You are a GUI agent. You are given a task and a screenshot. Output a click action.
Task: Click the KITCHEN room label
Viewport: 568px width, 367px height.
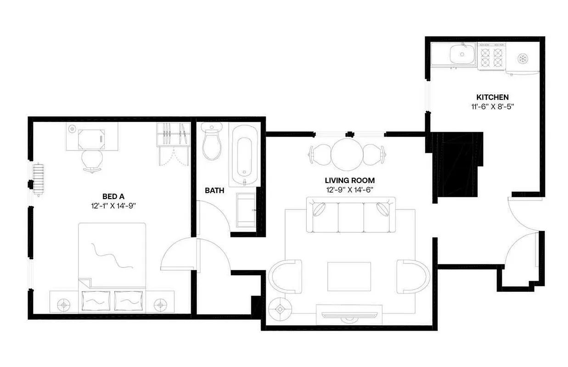(x=492, y=97)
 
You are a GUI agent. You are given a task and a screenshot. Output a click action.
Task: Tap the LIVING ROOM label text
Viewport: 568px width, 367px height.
(x=350, y=180)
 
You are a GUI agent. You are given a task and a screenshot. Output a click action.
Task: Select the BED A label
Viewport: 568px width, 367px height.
(x=113, y=196)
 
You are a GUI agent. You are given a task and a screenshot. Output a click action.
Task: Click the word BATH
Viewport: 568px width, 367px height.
(x=214, y=190)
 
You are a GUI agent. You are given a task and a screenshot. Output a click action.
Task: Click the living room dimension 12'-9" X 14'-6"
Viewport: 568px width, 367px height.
(x=350, y=189)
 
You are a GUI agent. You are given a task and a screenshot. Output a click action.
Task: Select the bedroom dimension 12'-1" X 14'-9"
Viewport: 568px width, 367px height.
(x=113, y=206)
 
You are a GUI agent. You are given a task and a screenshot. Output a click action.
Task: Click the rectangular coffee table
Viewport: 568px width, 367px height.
(x=349, y=276)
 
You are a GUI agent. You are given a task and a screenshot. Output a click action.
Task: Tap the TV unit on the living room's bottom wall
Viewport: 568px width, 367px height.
(x=349, y=314)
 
